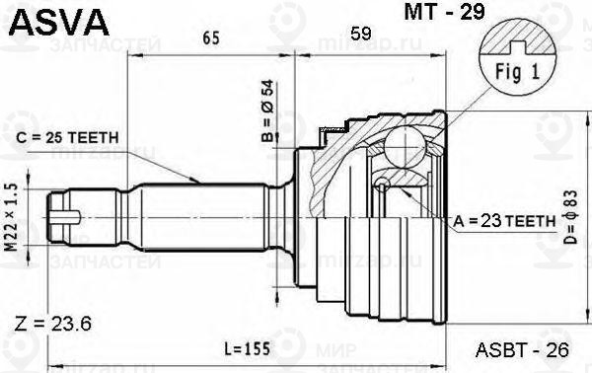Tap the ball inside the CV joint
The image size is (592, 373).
click(x=402, y=147)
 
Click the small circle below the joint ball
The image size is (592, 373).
click(x=382, y=184)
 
